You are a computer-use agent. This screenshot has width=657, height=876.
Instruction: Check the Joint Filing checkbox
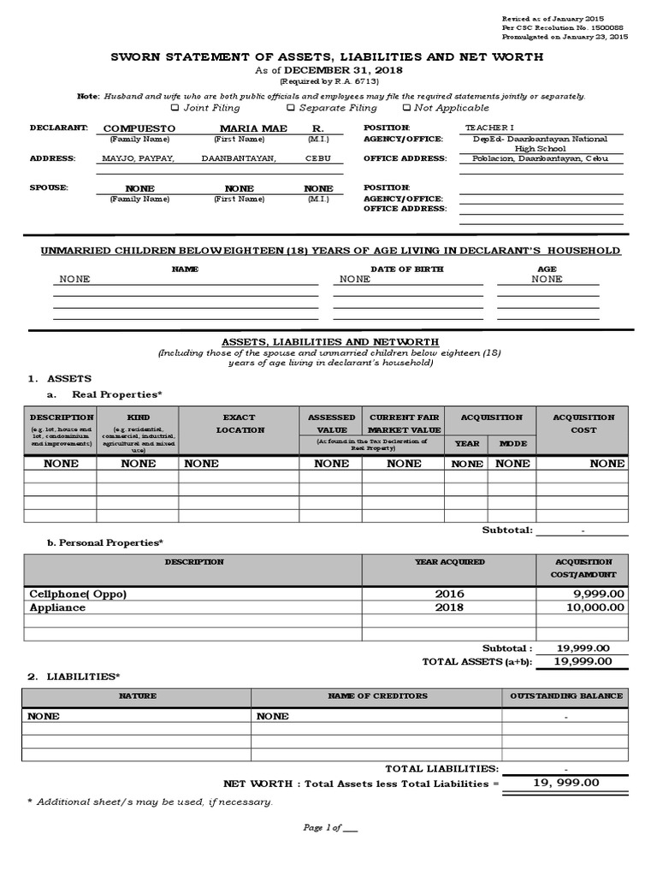[x=175, y=109]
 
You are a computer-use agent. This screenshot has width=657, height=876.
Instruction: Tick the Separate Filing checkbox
[x=291, y=109]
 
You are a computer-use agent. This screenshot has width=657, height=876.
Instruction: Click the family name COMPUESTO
[x=139, y=128]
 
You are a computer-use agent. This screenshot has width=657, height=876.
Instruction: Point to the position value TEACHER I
[x=490, y=127]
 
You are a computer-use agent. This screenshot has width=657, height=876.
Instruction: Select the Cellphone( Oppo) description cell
[x=78, y=594]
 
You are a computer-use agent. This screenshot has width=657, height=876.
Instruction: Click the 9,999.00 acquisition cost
[x=599, y=594]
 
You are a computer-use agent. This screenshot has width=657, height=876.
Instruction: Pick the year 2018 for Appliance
[x=449, y=607]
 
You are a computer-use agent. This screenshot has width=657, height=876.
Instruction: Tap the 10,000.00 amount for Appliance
[x=596, y=607]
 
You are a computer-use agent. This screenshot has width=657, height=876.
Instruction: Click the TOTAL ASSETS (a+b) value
[x=583, y=661]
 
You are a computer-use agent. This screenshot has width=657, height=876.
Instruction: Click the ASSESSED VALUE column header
[x=331, y=423]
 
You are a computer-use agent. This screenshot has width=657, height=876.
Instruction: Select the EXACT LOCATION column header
[x=239, y=423]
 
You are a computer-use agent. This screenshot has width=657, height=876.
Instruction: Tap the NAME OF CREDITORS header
[x=377, y=696]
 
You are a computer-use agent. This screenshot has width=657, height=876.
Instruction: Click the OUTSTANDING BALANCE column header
[x=566, y=696]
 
